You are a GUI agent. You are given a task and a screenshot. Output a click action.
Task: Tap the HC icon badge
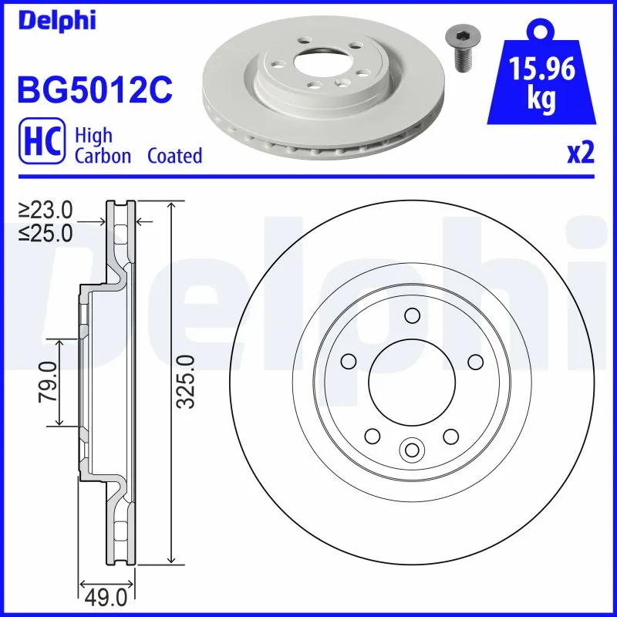coord(40,145)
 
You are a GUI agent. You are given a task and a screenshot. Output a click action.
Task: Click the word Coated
coord(174,156)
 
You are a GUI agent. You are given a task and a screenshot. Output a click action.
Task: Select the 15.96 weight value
coord(544,71)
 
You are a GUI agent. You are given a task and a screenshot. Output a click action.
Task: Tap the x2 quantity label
coord(581,154)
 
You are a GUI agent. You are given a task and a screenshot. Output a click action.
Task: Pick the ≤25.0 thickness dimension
coord(46,232)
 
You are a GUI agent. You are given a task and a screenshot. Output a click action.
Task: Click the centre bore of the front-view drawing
coord(410,381)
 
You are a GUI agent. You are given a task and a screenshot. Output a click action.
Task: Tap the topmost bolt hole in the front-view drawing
coord(411,315)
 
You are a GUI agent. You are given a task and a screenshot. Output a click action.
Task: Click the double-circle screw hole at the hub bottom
coord(411,450)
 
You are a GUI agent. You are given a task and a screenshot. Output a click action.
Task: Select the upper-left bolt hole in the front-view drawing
coord(348,360)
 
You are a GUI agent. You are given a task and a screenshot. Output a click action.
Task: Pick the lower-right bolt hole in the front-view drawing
coord(450,437)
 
